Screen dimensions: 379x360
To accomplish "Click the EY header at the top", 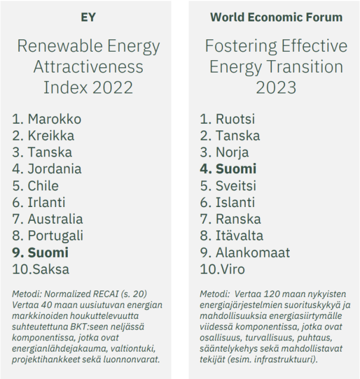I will (x=88, y=17).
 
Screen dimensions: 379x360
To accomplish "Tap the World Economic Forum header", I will (x=276, y=17).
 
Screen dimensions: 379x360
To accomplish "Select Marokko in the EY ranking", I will (x=54, y=119).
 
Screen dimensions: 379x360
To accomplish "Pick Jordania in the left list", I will (x=54, y=169).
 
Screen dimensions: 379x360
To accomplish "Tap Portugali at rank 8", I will (x=55, y=236).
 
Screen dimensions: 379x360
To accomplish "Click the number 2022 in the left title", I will (x=110, y=87).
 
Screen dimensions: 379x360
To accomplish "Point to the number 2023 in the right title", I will (x=276, y=87).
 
